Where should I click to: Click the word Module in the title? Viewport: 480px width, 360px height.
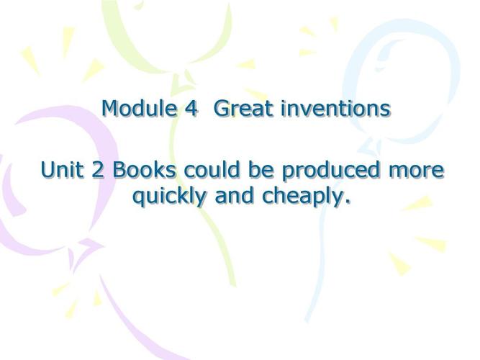pos(140,108)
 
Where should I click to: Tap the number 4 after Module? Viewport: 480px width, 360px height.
pos(191,109)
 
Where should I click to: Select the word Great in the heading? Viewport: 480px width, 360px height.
pos(244,109)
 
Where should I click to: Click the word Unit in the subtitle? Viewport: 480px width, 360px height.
pos(62,169)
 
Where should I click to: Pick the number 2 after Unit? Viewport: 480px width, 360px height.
pos(98,170)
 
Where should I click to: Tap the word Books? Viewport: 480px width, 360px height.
pos(145,169)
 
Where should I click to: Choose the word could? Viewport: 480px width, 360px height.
pos(212,169)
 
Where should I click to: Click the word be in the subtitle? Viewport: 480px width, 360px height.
pos(261,169)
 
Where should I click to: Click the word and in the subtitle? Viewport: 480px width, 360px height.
pos(235,195)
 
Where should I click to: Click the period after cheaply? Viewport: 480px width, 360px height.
pos(347,202)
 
